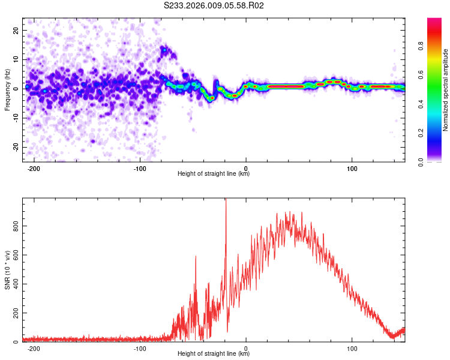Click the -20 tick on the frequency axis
pyautogui.click(x=14, y=147)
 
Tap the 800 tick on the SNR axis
pyautogui.click(x=14, y=226)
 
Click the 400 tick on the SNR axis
pyautogui.click(x=14, y=284)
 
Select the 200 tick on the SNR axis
pyautogui.click(x=14, y=313)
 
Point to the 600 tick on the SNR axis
pyautogui.click(x=14, y=255)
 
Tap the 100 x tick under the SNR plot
pyautogui.click(x=352, y=348)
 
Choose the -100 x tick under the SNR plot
pyautogui.click(x=140, y=348)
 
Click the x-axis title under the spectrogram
pyautogui.click(x=214, y=174)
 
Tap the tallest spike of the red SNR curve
pyautogui.click(x=226, y=201)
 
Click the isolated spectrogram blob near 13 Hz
pyautogui.click(x=164, y=50)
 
